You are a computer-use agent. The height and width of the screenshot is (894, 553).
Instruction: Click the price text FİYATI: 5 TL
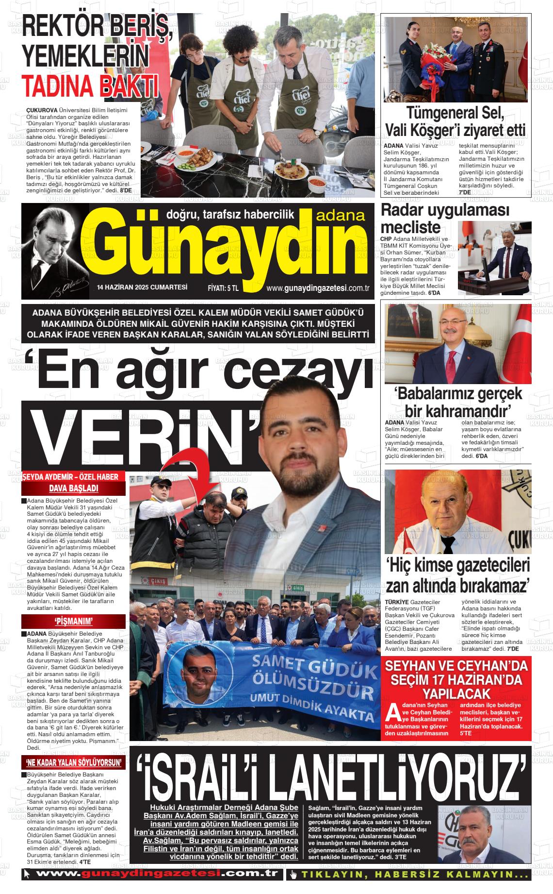click(x=223, y=288)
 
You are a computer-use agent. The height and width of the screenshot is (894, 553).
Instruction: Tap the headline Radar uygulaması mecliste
click(x=445, y=219)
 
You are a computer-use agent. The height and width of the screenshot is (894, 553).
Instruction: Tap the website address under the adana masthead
click(x=318, y=288)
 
